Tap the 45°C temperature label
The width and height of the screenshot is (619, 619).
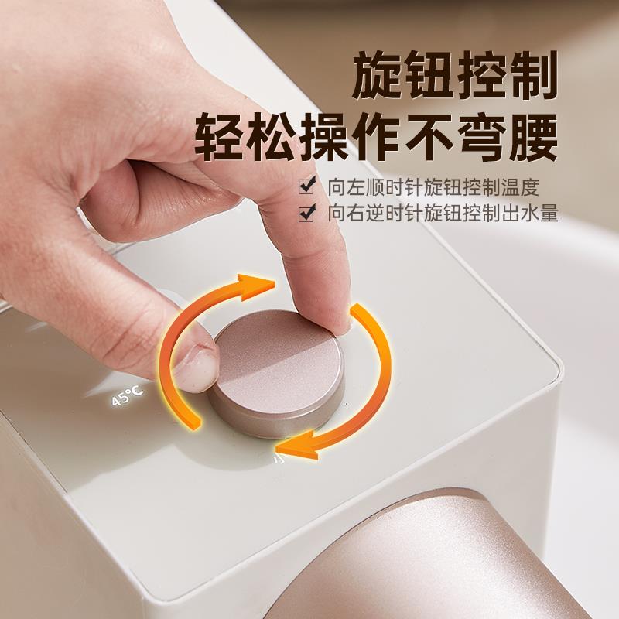point(127,396)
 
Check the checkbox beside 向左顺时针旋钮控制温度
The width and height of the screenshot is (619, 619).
point(306,186)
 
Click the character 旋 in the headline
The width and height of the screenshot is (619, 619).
point(377,75)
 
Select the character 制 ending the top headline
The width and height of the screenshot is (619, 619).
point(532,75)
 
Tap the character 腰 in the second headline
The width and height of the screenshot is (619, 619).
point(533,136)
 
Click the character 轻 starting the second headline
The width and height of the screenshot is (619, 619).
point(220,136)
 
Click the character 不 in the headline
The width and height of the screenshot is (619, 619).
point(429,136)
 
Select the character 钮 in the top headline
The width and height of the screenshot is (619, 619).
point(429,75)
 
